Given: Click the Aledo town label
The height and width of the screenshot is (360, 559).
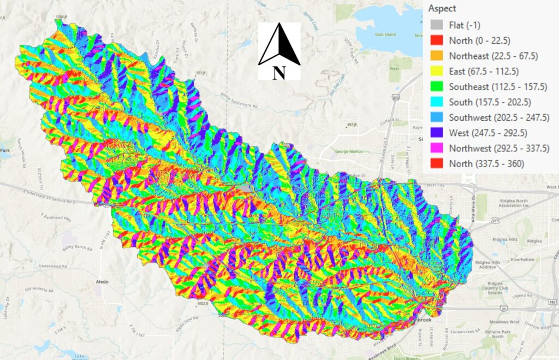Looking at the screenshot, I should [x=102, y=282].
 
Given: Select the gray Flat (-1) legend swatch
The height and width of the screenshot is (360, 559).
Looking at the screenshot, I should [x=436, y=25].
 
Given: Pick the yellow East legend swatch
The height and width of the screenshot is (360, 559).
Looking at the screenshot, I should [x=436, y=72].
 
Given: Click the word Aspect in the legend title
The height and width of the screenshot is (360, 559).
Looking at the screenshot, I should [x=442, y=9].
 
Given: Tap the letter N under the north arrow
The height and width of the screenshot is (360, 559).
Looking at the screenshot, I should [x=279, y=73].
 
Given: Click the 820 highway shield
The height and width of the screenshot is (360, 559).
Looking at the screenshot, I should [x=395, y=98].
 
